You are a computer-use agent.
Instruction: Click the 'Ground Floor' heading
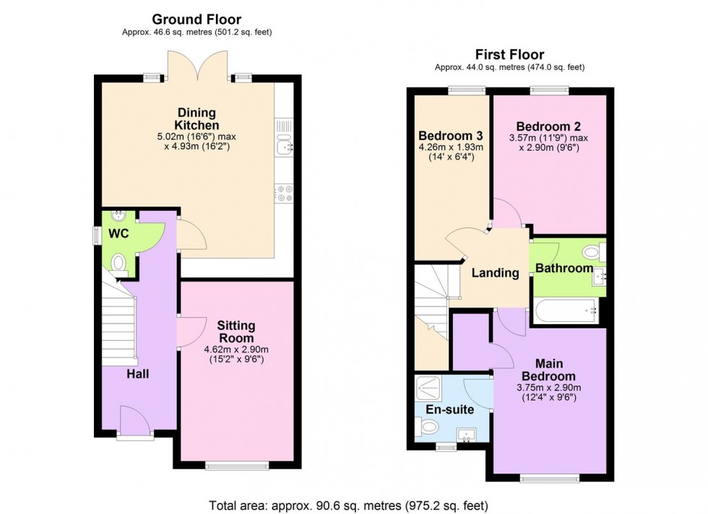pyautogui.click(x=196, y=19)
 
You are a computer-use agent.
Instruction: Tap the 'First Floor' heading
pyautogui.click(x=509, y=54)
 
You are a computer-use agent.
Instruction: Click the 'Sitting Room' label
pyautogui.click(x=236, y=332)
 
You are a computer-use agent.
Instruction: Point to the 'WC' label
pyautogui.click(x=119, y=235)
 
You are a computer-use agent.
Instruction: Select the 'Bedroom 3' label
pyautogui.click(x=451, y=136)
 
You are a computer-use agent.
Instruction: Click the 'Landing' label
pyautogui.click(x=495, y=273)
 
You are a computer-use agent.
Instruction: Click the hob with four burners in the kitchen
pyautogui.click(x=283, y=193)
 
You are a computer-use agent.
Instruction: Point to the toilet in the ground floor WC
pyautogui.click(x=119, y=264)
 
